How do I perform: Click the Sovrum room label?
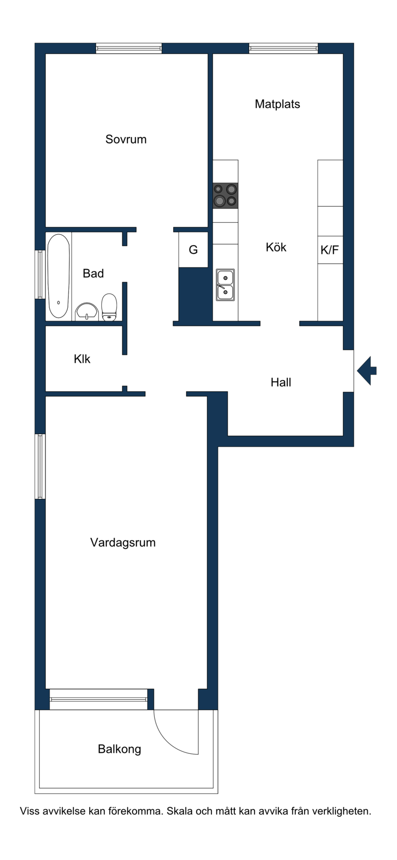coord(126,139)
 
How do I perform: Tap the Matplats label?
coord(277,104)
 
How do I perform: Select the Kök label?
coord(276,247)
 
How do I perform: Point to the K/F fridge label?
coord(330,250)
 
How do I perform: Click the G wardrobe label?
coord(193,250)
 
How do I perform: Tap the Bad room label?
coord(93,273)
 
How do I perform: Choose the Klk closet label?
coord(82,359)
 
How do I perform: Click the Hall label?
coord(281,383)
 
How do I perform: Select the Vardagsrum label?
coord(123,542)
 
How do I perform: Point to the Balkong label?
coord(119,749)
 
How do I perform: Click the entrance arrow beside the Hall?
coord(367,371)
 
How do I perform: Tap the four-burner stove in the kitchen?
coord(225,196)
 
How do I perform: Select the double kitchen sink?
coord(225,285)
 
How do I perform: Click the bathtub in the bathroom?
coord(59,276)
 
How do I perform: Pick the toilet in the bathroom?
coord(109,307)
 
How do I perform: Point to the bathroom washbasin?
coord(87,312)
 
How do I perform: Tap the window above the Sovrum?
coord(129,48)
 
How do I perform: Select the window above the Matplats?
coord(283,48)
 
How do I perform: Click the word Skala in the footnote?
coord(179,812)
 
